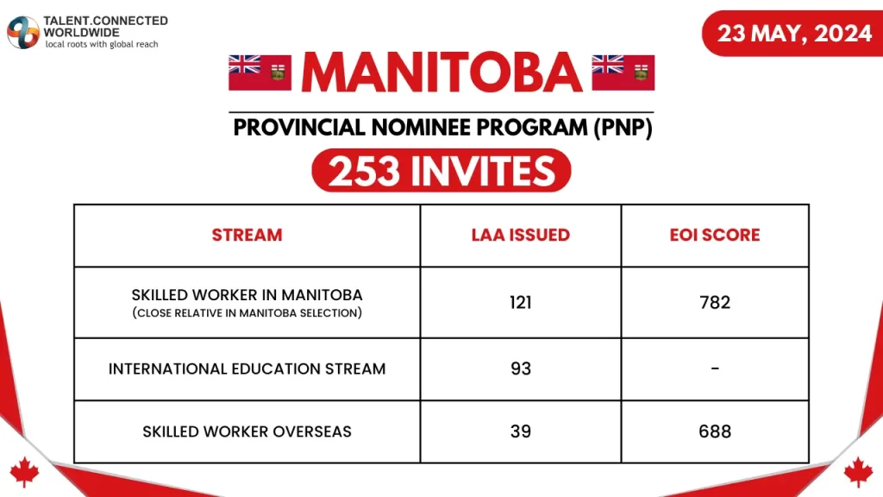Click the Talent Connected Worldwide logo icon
tap(22, 32)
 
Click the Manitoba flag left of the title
tap(260, 72)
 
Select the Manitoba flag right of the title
tap(623, 72)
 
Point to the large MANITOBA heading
tap(441, 74)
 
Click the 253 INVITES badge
tap(441, 171)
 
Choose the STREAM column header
tap(247, 235)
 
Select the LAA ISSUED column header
tap(520, 235)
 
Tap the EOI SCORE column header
tap(716, 235)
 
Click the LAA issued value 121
tap(520, 302)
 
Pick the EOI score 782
tap(716, 302)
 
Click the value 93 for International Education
tap(520, 368)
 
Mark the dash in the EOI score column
tap(716, 368)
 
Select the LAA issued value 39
tap(520, 431)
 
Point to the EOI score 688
tap(716, 431)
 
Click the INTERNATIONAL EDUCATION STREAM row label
tap(247, 368)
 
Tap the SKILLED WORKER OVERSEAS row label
tap(247, 431)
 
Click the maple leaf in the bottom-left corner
tap(24, 471)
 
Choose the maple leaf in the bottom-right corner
tap(858, 471)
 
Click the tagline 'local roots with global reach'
tap(102, 43)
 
